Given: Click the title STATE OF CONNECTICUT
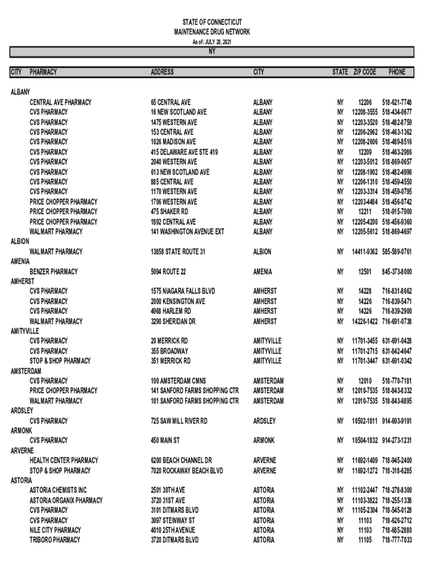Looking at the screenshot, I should coord(211,21).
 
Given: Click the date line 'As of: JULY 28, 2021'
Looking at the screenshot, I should coord(211,42).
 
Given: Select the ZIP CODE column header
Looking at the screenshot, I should coord(365,72).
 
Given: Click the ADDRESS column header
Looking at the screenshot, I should coord(162,72).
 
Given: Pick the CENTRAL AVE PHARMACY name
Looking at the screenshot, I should coord(61,102).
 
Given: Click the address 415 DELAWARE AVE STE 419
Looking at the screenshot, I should coord(184,152).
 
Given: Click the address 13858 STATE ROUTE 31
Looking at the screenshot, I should coord(178,252).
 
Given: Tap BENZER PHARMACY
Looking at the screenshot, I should coord(54,272).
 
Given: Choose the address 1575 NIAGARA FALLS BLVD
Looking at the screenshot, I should coord(183,291).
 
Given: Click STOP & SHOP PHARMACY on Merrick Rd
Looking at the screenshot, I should coord(60,361).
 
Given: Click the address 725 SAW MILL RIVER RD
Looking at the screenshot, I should coord(180,421).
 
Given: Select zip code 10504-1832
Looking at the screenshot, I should coord(364,441).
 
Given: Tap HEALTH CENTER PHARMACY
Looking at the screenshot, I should coord(64,460).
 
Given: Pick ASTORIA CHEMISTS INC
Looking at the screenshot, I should coord(58,490).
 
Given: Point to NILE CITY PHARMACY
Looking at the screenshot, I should coord(55,530).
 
